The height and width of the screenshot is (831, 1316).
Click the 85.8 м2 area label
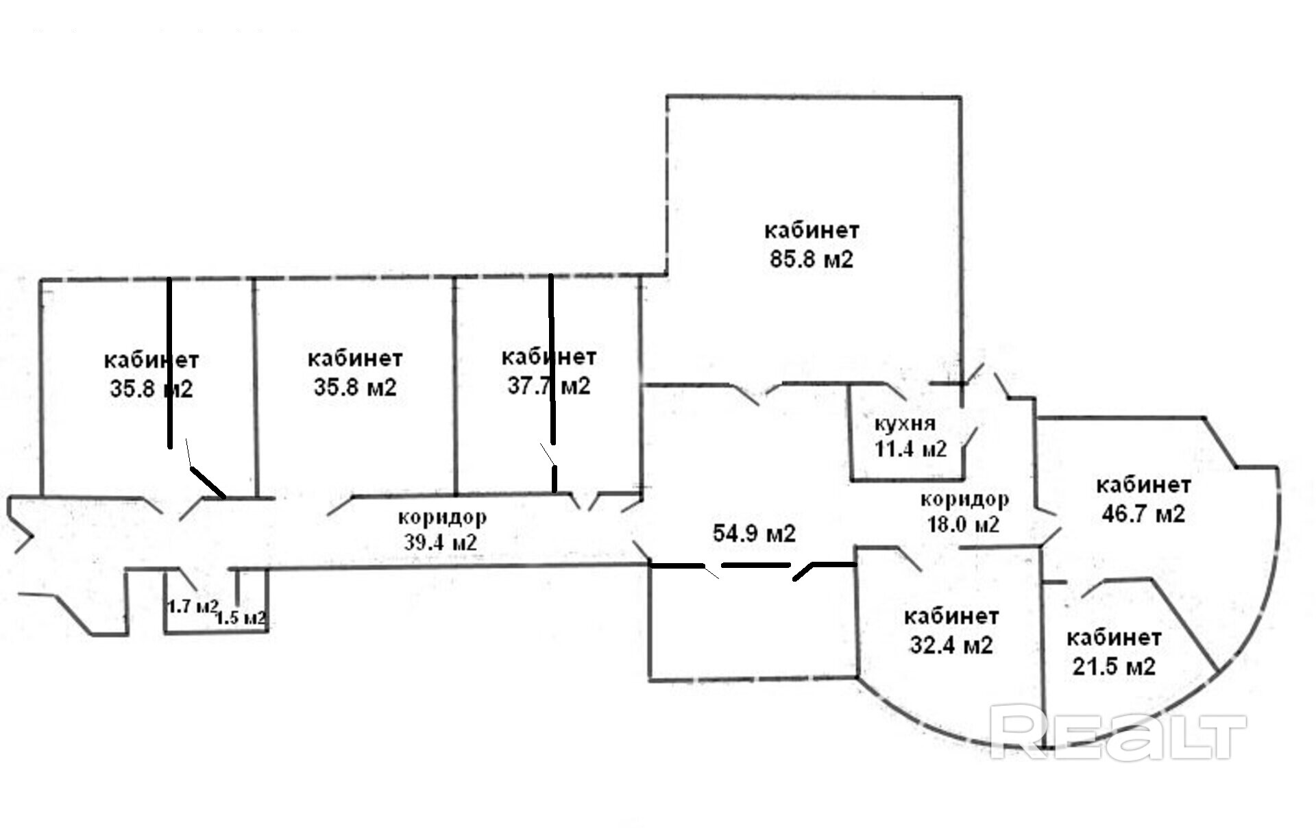click(x=812, y=260)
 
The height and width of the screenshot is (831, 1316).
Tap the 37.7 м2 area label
click(x=548, y=386)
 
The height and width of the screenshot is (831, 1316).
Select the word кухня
click(x=905, y=423)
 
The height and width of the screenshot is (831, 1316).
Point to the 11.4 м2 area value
click(x=910, y=449)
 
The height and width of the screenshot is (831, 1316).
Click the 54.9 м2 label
click(x=754, y=533)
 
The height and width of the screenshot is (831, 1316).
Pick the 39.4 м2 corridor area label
click(x=440, y=543)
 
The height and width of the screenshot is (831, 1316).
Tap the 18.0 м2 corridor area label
click(x=963, y=525)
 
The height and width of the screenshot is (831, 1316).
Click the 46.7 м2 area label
click(x=1143, y=514)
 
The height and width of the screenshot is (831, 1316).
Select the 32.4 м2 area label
click(x=951, y=645)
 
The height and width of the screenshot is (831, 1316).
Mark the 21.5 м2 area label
click(x=1114, y=667)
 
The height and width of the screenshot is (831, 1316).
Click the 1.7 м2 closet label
click(x=193, y=606)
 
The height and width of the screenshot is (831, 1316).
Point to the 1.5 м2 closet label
click(x=241, y=618)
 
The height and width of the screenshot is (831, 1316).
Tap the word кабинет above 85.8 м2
click(x=812, y=230)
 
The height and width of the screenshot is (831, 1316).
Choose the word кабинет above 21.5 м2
click(x=1114, y=638)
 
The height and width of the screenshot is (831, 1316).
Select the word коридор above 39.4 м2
click(x=442, y=516)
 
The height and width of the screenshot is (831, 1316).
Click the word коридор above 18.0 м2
click(x=964, y=499)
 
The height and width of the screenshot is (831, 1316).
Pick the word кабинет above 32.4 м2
click(x=951, y=617)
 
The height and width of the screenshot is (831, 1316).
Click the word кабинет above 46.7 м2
click(x=1143, y=485)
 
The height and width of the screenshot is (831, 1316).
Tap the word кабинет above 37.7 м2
click(x=548, y=357)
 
